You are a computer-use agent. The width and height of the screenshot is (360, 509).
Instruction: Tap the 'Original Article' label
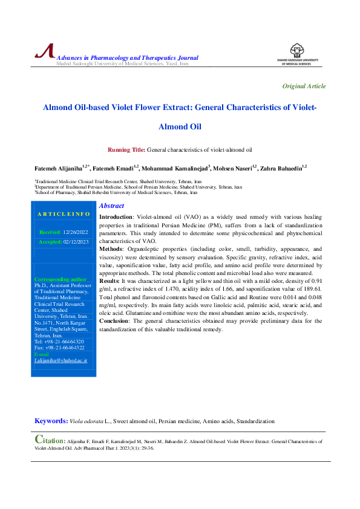pyautogui.click(x=304, y=86)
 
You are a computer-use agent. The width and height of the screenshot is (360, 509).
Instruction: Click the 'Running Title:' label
pyautogui.click(x=126, y=149)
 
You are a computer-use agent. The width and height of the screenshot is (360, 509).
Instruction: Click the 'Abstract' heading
pyautogui.click(x=111, y=206)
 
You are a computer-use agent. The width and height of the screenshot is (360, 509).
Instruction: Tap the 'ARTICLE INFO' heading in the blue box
pyautogui.click(x=64, y=214)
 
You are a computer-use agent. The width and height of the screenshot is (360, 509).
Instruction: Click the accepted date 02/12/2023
pyautogui.click(x=76, y=242)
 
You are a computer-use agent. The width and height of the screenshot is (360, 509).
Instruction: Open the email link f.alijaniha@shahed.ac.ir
pyautogui.click(x=61, y=360)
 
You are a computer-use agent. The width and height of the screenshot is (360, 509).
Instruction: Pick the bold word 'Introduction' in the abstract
pyautogui.click(x=116, y=216)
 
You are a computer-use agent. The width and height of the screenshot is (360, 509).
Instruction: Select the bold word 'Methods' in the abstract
pyautogui.click(x=111, y=248)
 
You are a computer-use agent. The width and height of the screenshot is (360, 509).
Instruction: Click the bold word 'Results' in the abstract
pyautogui.click(x=110, y=281)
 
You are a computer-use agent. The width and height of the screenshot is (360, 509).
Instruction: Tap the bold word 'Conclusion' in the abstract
pyautogui.click(x=115, y=321)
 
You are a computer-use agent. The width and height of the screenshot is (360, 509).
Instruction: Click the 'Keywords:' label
pyautogui.click(x=51, y=421)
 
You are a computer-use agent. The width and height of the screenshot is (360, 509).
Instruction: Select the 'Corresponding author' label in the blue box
pyautogui.click(x=61, y=279)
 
